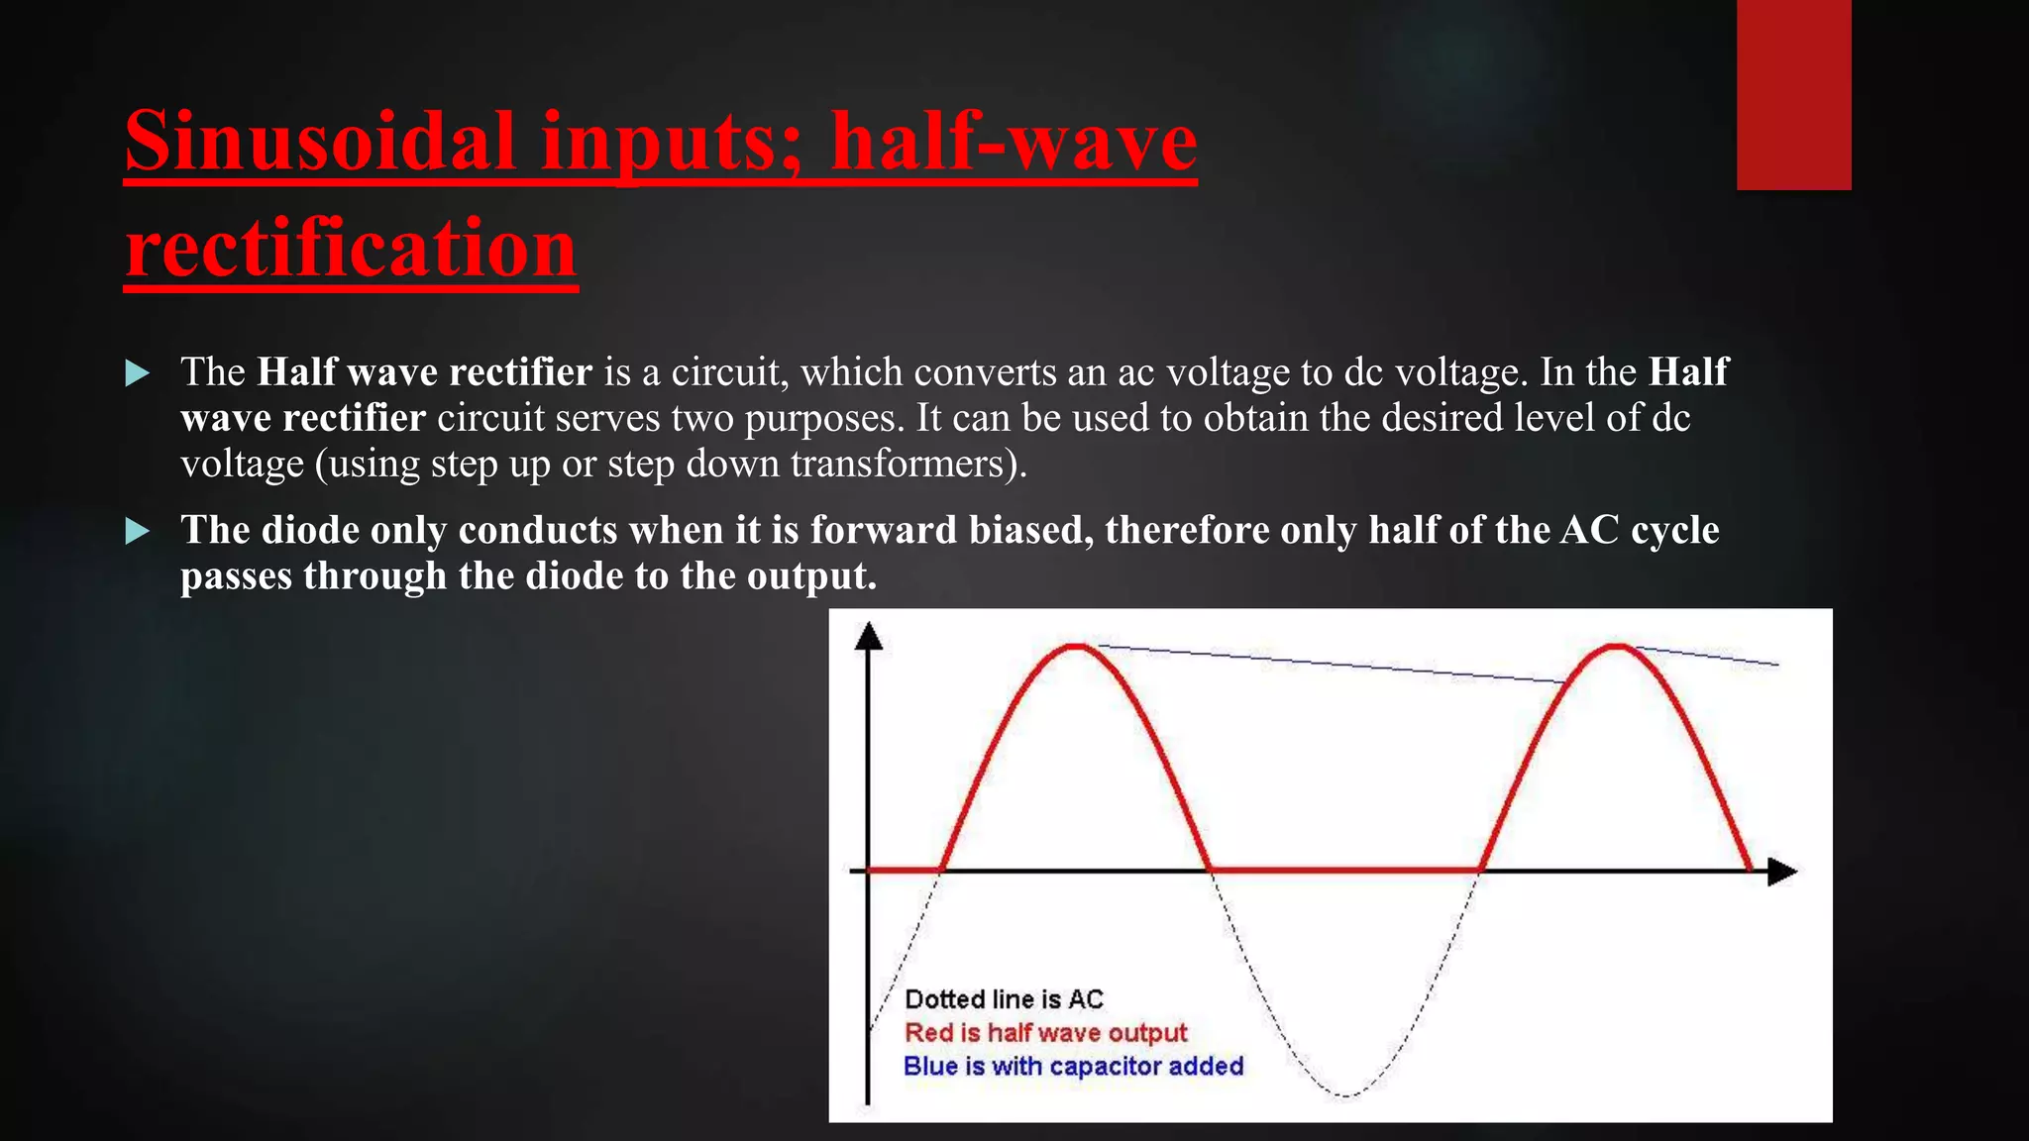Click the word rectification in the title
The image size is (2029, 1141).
coord(351,248)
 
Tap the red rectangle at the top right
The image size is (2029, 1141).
coord(1793,94)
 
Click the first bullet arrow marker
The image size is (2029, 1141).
coord(138,373)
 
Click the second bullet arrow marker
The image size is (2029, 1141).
coord(138,532)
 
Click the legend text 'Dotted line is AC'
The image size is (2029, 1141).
coord(1004,999)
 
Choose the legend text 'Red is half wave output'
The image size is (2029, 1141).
coord(1045,1033)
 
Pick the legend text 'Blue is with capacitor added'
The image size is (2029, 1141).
coord(1073,1067)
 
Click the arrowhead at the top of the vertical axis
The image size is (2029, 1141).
coord(868,636)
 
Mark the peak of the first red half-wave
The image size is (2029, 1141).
coord(1076,647)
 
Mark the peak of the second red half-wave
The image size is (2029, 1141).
coord(1616,647)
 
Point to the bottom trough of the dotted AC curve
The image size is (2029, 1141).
coord(1345,1094)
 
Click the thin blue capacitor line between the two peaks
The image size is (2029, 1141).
coord(1337,665)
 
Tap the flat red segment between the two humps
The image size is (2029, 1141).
coord(1345,871)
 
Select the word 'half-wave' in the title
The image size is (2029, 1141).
coord(1013,142)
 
